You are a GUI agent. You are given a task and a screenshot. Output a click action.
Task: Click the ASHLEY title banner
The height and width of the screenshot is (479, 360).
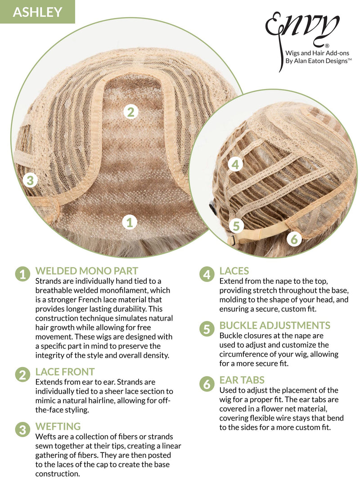(x=37, y=12)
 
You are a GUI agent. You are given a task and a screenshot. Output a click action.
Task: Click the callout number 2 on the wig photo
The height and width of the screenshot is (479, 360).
(x=131, y=112)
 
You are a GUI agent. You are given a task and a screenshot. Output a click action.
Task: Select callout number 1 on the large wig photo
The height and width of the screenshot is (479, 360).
(x=130, y=222)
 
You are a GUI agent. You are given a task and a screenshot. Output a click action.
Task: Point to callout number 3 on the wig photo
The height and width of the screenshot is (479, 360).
(x=30, y=180)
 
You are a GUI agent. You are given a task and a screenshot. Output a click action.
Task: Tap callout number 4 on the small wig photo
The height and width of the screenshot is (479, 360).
(x=235, y=165)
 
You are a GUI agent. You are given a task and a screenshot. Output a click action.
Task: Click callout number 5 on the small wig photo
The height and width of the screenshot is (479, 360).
(x=236, y=226)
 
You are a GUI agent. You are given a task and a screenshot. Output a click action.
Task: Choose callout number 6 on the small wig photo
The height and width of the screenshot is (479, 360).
(x=294, y=239)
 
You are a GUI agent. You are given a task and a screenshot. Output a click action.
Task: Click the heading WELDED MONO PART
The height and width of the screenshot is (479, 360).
(x=86, y=271)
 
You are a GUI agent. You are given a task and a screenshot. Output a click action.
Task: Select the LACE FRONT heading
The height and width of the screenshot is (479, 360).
(x=65, y=372)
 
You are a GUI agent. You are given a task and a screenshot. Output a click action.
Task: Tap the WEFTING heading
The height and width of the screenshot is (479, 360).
(x=58, y=426)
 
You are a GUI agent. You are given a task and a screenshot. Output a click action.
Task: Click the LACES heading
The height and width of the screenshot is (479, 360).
(x=234, y=271)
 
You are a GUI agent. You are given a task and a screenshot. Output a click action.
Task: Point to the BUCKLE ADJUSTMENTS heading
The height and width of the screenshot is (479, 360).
(x=275, y=325)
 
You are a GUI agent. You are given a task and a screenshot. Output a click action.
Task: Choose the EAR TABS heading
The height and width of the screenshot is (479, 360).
(x=242, y=380)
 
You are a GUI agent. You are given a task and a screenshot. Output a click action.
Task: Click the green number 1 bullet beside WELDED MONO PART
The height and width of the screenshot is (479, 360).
(x=22, y=274)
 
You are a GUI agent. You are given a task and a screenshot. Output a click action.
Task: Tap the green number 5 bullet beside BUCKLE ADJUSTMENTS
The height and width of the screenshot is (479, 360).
(x=207, y=329)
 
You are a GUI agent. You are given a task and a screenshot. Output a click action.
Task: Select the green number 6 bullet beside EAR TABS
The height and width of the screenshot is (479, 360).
(x=207, y=384)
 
